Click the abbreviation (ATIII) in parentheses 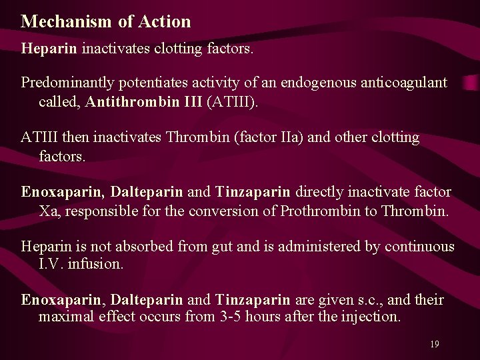[234, 102]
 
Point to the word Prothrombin [323, 211]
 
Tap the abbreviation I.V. [53, 263]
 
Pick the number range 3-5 [231, 316]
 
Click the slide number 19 [435, 344]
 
